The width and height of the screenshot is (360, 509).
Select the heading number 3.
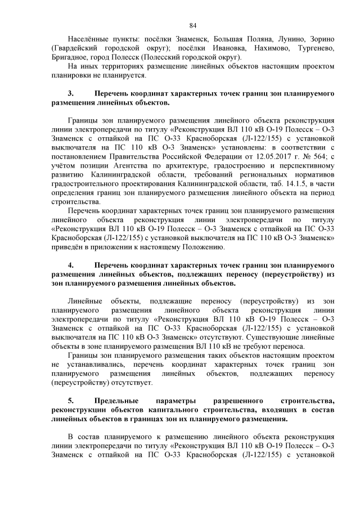click(71, 93)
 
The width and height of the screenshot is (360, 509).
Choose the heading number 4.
click(71, 264)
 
